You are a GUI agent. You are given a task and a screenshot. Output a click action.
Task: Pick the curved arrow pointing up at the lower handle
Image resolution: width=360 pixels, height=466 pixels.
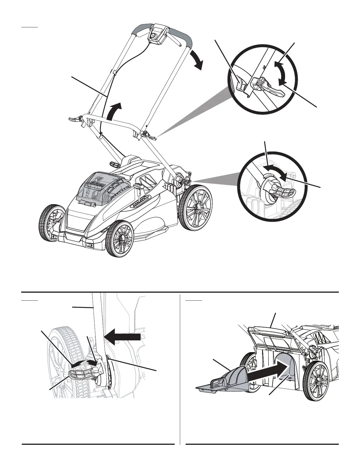pos(114,111)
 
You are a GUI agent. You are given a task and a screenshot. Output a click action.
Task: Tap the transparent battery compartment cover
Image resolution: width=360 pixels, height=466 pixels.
pos(100,188)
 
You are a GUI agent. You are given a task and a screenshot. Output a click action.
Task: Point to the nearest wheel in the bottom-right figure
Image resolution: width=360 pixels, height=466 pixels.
pos(316,381)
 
